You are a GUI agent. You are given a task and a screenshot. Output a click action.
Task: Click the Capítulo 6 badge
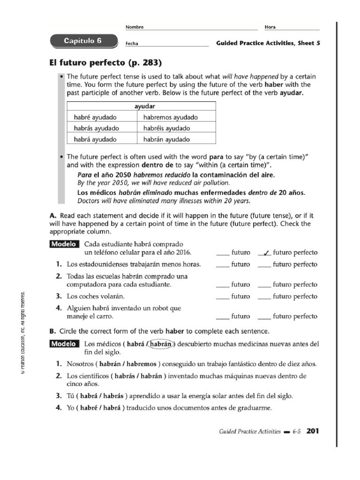tap(82, 41)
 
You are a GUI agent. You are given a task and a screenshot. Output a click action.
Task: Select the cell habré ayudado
tap(95, 117)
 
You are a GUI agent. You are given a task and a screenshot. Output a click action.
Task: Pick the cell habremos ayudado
tap(171, 117)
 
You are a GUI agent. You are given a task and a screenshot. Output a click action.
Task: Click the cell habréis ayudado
tap(167, 128)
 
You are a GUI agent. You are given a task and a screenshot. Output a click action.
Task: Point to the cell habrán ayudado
tap(166, 139)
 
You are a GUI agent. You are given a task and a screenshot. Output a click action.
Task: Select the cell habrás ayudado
tap(97, 128)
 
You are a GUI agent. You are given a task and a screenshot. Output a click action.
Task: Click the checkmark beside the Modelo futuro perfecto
tap(266, 253)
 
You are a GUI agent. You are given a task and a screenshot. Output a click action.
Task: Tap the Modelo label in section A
tap(64, 244)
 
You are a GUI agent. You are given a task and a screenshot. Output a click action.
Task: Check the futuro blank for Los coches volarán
tap(223, 297)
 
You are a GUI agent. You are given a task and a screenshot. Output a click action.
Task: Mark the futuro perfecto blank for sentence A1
tap(264, 264)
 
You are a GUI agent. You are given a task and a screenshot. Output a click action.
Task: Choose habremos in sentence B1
tap(141, 364)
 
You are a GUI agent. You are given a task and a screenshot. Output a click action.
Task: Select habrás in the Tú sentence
tap(115, 396)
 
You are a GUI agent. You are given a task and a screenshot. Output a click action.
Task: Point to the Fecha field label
tap(133, 44)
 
